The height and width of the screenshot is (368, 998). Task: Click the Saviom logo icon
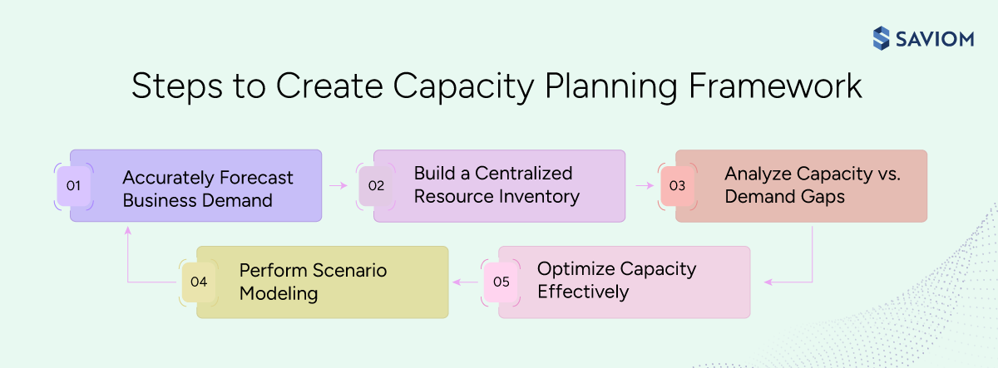882,38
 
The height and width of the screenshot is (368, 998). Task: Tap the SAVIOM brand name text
934,39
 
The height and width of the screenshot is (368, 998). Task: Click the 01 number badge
73,186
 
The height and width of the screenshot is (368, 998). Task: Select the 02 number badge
376,186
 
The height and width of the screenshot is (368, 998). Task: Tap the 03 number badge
677,186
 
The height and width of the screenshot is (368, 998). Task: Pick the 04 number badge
198,282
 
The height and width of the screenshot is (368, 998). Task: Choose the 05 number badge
501,282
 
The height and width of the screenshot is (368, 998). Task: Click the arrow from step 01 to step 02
338,186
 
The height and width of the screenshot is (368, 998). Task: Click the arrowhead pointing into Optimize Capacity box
769,282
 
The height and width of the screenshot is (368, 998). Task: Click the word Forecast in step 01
254,178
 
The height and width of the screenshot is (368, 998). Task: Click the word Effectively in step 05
583,292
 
